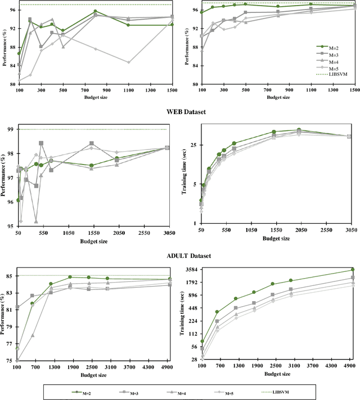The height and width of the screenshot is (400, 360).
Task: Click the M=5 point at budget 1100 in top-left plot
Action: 128,62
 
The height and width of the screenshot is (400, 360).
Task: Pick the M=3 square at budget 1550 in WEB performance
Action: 92,143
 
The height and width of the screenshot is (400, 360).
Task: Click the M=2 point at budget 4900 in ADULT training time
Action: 353,270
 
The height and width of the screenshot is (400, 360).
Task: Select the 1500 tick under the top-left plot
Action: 172,90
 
